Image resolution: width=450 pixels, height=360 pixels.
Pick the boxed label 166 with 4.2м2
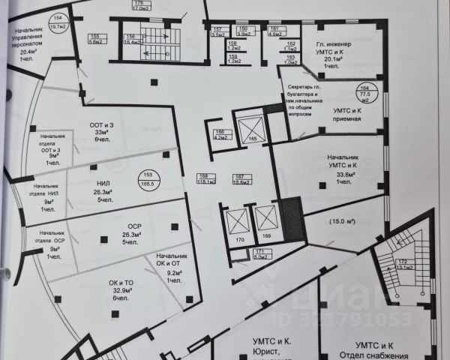[x=220, y=135]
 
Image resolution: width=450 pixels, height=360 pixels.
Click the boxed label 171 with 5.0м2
[x=261, y=253]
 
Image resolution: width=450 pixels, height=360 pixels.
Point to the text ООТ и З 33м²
[x=100, y=128]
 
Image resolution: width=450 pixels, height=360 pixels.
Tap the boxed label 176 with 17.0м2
[x=140, y=6]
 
